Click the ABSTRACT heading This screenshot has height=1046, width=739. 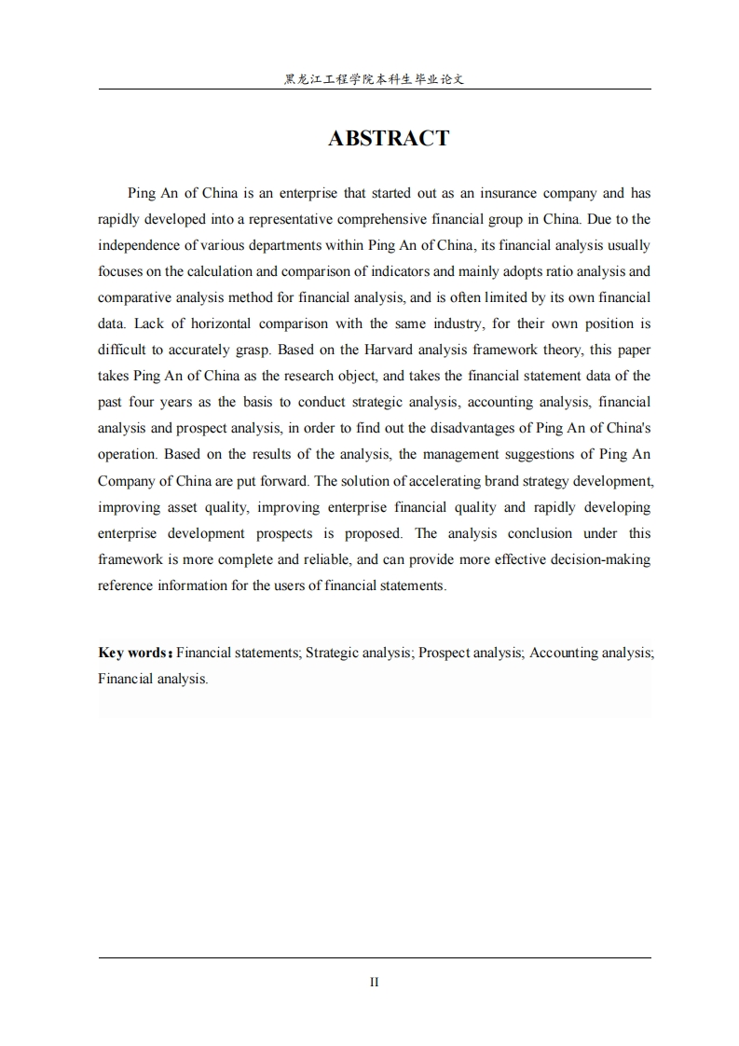[389, 138]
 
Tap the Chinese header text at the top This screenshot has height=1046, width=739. [374, 80]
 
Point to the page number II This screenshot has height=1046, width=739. [374, 982]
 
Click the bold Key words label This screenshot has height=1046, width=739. [134, 653]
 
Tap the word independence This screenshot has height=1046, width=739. [138, 245]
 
